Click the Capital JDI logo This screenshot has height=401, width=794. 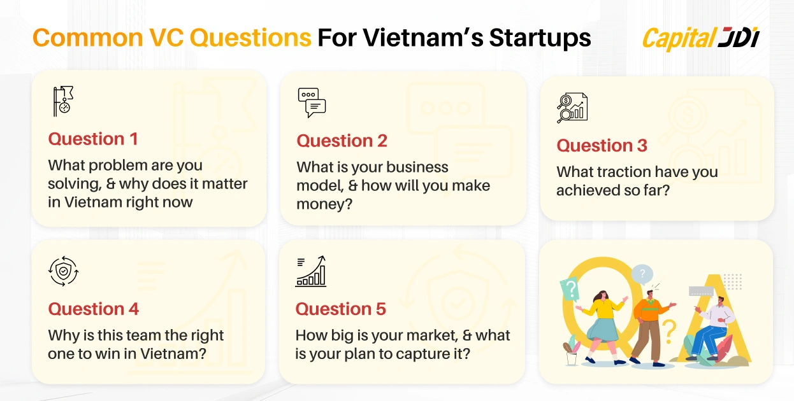(700, 38)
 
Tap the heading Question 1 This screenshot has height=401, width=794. (93, 139)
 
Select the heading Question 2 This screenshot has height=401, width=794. (342, 141)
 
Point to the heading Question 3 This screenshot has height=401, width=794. (602, 145)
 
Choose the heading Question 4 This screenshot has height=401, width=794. (93, 309)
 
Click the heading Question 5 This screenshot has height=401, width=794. (340, 309)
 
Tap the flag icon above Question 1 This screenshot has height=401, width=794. (63, 101)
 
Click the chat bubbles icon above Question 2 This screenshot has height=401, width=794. (312, 102)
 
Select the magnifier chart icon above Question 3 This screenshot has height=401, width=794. (572, 108)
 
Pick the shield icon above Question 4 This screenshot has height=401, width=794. (63, 271)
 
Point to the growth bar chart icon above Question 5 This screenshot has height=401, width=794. (311, 271)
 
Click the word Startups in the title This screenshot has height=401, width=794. (540, 38)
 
